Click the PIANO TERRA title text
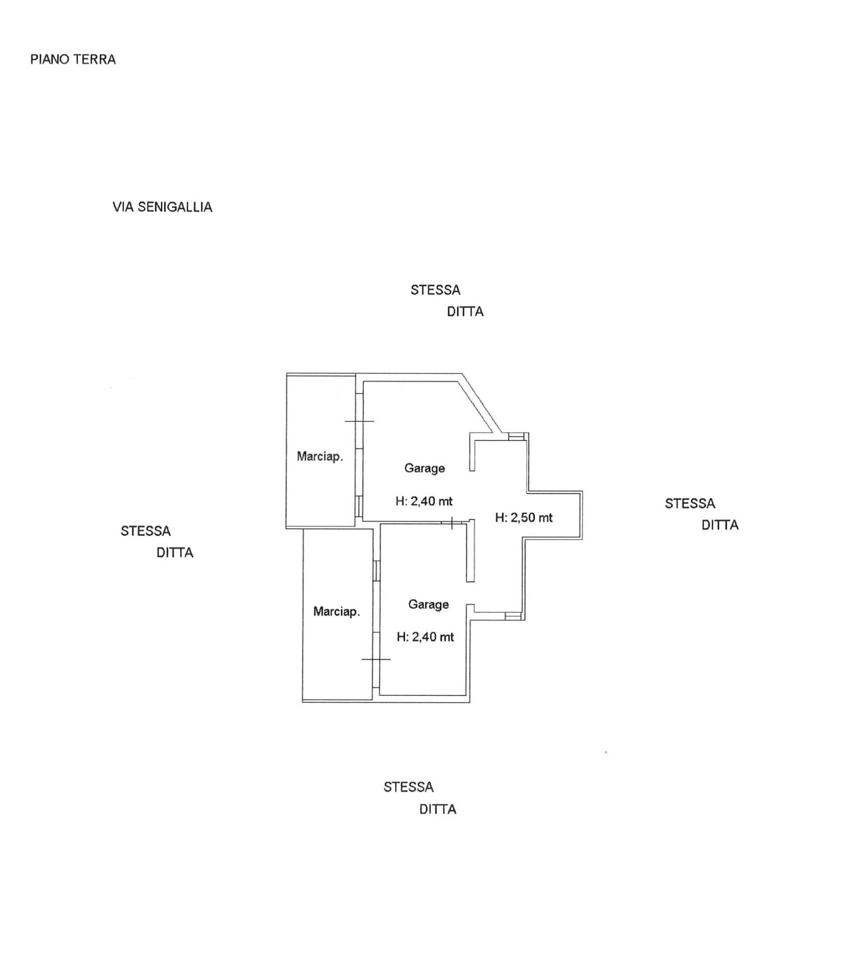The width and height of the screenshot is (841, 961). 73,60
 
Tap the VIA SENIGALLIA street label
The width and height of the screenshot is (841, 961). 162,207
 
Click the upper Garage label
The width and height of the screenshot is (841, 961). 424,468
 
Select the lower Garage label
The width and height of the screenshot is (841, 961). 428,604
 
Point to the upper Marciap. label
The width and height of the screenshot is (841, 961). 320,456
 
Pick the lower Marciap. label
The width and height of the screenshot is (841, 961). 336,611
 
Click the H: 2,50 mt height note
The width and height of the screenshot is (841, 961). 523,518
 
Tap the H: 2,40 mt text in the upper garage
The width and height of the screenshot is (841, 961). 424,501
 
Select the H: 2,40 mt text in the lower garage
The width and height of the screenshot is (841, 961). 425,637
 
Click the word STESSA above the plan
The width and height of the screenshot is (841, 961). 435,290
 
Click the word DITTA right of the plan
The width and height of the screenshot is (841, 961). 720,525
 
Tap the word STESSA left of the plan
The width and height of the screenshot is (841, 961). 145,531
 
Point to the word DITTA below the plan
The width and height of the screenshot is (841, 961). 438,809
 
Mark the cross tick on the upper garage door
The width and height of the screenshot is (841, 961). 359,421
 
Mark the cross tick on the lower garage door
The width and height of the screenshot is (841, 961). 376,659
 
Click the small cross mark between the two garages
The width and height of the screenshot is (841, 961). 452,523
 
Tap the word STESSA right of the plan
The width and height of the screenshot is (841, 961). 690,504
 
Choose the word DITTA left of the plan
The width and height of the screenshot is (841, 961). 175,553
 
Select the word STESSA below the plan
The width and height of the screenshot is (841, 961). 408,787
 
